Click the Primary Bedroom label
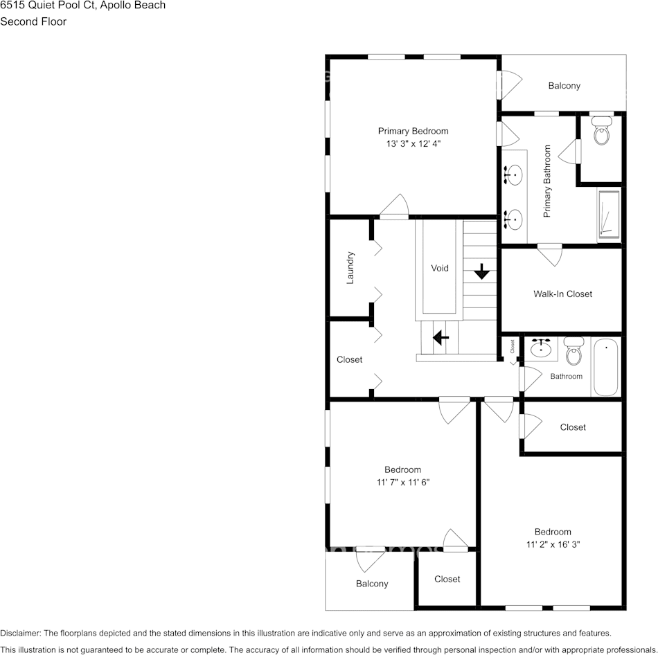413,131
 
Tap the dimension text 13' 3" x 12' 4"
413,144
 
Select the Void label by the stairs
439,268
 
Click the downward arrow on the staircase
481,271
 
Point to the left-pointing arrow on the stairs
440,338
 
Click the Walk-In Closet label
562,294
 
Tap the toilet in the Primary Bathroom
601,132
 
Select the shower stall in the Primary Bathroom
609,215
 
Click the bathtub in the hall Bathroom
606,366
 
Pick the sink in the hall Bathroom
541,348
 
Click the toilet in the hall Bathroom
573,352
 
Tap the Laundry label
350,267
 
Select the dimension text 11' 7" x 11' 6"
402,482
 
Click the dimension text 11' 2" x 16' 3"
552,544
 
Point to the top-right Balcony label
564,86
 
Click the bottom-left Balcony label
372,584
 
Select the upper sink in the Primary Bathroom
513,174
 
